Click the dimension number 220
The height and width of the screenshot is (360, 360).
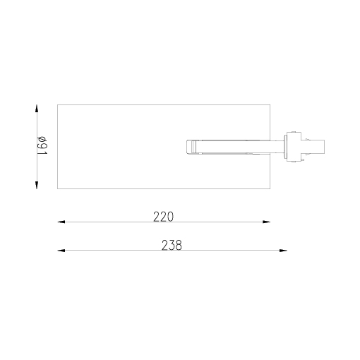(x=163, y=217)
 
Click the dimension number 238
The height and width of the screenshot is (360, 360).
(x=172, y=246)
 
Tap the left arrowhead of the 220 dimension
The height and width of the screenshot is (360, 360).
(x=61, y=222)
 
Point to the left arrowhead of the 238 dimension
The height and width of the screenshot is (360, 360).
(x=61, y=251)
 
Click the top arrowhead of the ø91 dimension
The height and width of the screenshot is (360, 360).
(x=36, y=109)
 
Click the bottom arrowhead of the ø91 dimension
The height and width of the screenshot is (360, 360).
(x=36, y=185)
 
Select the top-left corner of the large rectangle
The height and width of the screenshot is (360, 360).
(x=57, y=104)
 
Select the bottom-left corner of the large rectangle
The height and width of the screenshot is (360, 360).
(x=57, y=189)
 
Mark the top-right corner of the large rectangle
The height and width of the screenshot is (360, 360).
(x=270, y=104)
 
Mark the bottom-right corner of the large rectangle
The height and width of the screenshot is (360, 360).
(x=270, y=189)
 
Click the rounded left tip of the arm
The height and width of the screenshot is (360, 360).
(x=188, y=147)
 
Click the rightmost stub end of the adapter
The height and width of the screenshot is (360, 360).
(x=323, y=147)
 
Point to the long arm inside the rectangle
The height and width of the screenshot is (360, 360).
(x=233, y=147)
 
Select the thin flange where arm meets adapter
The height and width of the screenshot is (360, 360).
(x=284, y=147)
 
